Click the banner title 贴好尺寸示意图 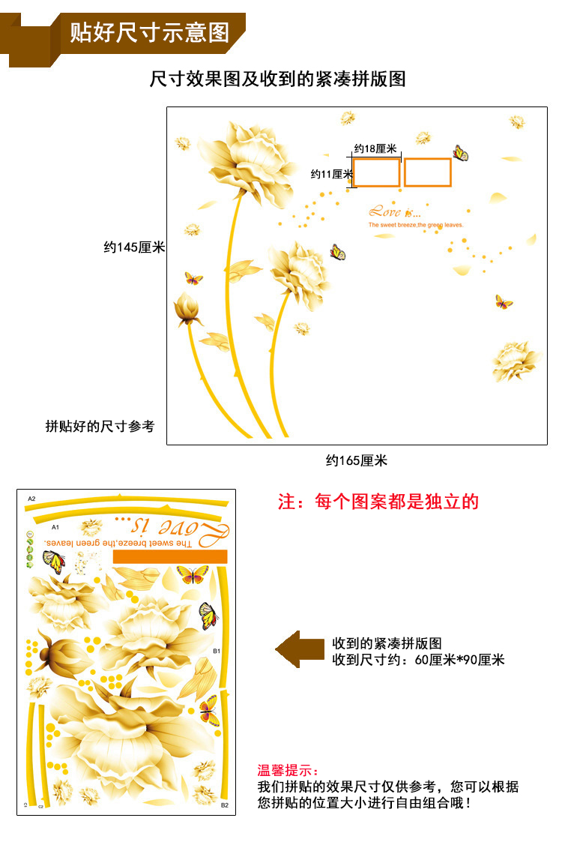[x=150, y=32]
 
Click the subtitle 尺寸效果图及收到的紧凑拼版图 [x=278, y=79]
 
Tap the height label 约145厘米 [x=134, y=247]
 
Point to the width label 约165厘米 [x=357, y=460]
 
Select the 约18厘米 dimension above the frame [x=375, y=149]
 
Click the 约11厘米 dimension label [x=332, y=174]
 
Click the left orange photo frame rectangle [x=376, y=172]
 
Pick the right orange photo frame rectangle [x=428, y=172]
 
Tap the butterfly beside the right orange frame [x=460, y=154]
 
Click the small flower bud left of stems [x=188, y=309]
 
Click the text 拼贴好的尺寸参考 [x=100, y=426]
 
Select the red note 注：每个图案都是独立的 [x=378, y=502]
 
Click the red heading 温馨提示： [x=288, y=770]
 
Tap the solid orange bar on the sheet [x=169, y=556]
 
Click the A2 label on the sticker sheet [x=31, y=499]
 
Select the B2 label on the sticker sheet [x=224, y=805]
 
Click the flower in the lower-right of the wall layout [x=516, y=361]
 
